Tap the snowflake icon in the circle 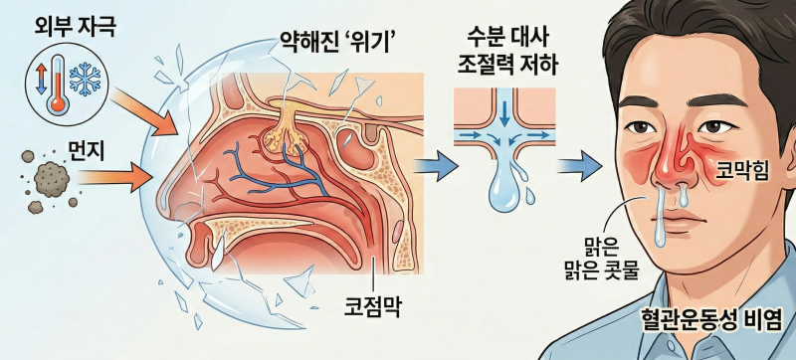click(85, 79)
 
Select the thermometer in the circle click(56, 84)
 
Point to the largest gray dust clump click(52, 178)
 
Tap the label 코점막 click(372, 304)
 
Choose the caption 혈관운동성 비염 click(711, 321)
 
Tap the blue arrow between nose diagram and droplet click(433, 165)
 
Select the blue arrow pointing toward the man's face click(579, 166)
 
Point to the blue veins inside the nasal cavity click(275, 167)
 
